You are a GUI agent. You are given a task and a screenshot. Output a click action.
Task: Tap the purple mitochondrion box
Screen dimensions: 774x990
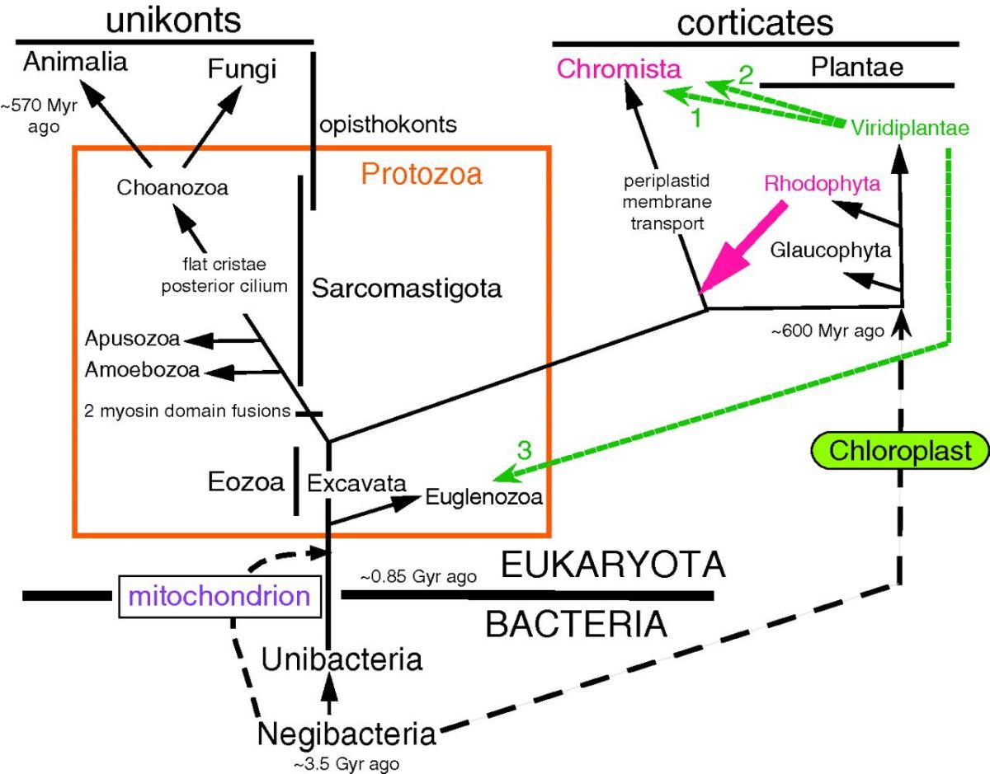(x=219, y=595)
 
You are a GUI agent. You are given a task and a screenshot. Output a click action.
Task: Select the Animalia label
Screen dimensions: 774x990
(x=76, y=62)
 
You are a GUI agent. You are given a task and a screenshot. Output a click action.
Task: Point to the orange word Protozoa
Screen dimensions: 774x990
(x=422, y=173)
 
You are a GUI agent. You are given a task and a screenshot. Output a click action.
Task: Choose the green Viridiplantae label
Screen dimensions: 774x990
(x=910, y=128)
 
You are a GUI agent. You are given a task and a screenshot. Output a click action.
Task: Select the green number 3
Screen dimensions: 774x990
(x=525, y=450)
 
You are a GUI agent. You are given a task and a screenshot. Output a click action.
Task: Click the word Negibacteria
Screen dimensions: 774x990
(x=346, y=733)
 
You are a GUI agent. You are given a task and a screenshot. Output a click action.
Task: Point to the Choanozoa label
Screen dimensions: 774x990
(x=172, y=187)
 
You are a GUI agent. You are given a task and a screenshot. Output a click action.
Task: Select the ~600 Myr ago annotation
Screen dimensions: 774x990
(x=827, y=331)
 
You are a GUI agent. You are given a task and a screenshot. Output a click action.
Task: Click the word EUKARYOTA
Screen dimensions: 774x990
(x=613, y=565)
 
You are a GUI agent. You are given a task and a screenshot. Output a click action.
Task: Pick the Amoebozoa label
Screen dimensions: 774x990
(x=142, y=370)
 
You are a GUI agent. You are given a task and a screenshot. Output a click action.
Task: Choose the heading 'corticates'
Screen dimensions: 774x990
(x=755, y=23)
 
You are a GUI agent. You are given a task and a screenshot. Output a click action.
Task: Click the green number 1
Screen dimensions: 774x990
(x=695, y=118)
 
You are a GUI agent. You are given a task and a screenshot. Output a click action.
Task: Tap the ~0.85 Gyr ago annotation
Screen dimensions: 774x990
(x=419, y=576)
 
